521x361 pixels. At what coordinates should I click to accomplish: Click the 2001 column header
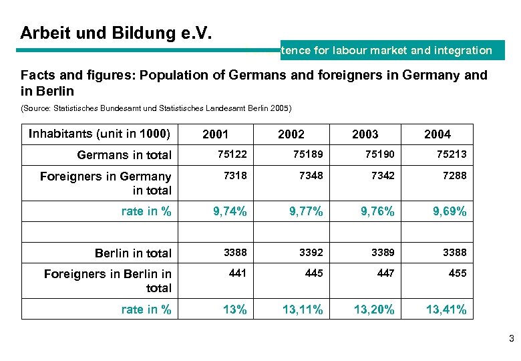click(215, 134)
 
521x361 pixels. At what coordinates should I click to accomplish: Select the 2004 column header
click(438, 134)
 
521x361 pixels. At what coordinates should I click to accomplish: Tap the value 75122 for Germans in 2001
click(232, 154)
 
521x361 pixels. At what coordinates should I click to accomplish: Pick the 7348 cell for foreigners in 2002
click(308, 175)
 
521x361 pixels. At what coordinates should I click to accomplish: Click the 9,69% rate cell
click(450, 212)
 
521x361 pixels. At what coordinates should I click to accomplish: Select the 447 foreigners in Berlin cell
click(385, 273)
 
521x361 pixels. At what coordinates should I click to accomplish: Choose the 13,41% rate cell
click(447, 310)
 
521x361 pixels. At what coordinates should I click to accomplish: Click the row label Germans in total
click(124, 155)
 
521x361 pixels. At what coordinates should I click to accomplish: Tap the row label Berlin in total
click(133, 253)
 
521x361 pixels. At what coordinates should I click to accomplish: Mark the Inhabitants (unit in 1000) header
click(100, 134)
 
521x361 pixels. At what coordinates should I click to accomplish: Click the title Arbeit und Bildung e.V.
click(116, 33)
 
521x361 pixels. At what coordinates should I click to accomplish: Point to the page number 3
click(511, 339)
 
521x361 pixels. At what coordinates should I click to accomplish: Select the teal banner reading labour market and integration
click(392, 50)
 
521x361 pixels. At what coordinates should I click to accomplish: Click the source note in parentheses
click(156, 108)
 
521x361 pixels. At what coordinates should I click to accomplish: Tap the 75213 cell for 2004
click(452, 154)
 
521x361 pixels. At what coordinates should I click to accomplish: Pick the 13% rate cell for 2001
click(235, 310)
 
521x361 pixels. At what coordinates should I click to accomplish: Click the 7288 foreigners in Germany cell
click(454, 175)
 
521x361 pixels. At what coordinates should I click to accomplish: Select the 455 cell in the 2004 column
click(458, 273)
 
